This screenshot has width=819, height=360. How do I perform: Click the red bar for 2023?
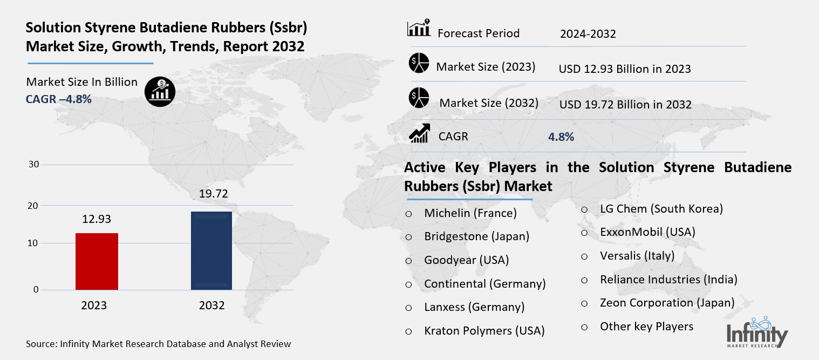point(97,261)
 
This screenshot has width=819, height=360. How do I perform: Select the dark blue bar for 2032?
point(211,250)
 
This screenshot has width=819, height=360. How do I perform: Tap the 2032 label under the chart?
point(211,305)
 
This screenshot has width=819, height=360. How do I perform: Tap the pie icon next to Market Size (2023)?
point(418,64)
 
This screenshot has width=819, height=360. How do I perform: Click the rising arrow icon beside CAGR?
point(419,133)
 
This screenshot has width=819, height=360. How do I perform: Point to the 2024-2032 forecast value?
point(588,34)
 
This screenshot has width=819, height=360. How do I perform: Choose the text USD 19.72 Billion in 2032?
point(625,104)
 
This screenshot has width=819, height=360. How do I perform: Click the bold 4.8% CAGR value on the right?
point(561,137)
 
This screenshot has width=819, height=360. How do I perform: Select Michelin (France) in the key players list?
point(470,213)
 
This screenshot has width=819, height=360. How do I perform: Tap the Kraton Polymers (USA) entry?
point(484,330)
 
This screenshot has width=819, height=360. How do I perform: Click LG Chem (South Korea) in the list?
point(661,208)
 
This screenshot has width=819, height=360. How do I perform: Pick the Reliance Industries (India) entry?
point(668,280)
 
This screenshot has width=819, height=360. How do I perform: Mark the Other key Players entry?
point(646,326)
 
